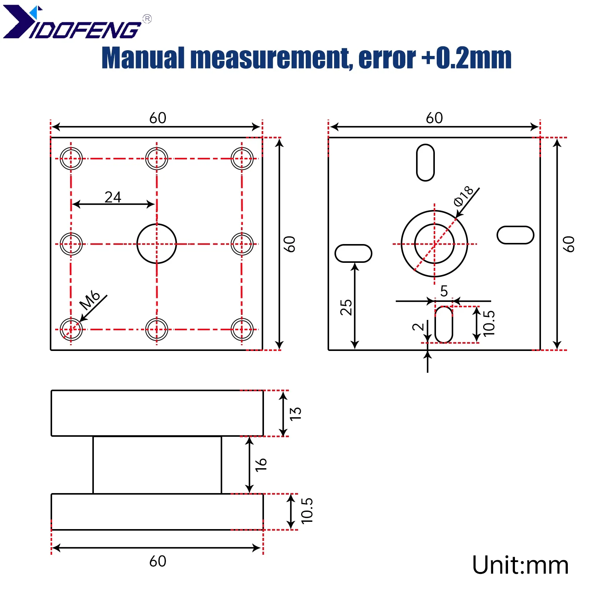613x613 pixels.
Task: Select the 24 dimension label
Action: tap(113, 197)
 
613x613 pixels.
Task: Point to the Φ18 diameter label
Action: tap(463, 196)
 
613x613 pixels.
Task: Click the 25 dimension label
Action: tap(346, 307)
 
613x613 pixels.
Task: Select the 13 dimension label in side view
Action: tap(295, 413)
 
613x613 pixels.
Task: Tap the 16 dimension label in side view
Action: tap(261, 465)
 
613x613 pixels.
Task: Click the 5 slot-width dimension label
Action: tap(444, 291)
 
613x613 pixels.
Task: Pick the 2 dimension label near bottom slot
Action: tap(418, 327)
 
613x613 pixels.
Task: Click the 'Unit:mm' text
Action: tap(520, 565)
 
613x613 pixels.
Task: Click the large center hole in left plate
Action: tap(156, 244)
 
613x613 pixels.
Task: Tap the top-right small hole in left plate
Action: tap(242, 158)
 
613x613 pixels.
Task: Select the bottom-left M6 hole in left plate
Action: tap(71, 329)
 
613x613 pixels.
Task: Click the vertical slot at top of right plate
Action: tap(425, 162)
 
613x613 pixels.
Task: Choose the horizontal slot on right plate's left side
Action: tap(353, 253)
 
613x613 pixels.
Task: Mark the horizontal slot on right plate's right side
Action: tap(515, 235)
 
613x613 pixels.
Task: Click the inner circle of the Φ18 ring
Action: tap(434, 244)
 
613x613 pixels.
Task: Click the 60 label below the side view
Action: tap(157, 561)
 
